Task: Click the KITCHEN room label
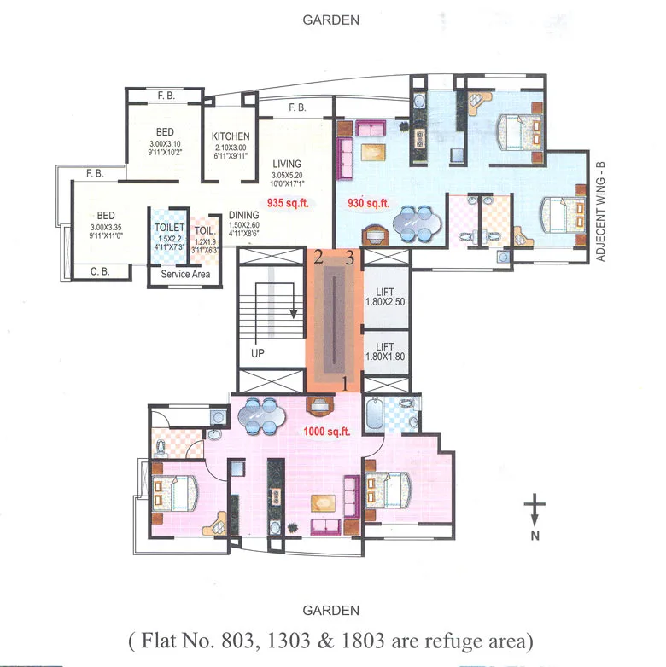[231, 136]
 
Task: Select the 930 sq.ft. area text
[367, 204]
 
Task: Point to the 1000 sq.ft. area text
[328, 432]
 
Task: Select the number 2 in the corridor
[318, 256]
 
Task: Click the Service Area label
[185, 275]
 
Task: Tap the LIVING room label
[287, 164]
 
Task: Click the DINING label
[244, 216]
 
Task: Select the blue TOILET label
[169, 228]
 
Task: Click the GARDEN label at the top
[331, 20]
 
